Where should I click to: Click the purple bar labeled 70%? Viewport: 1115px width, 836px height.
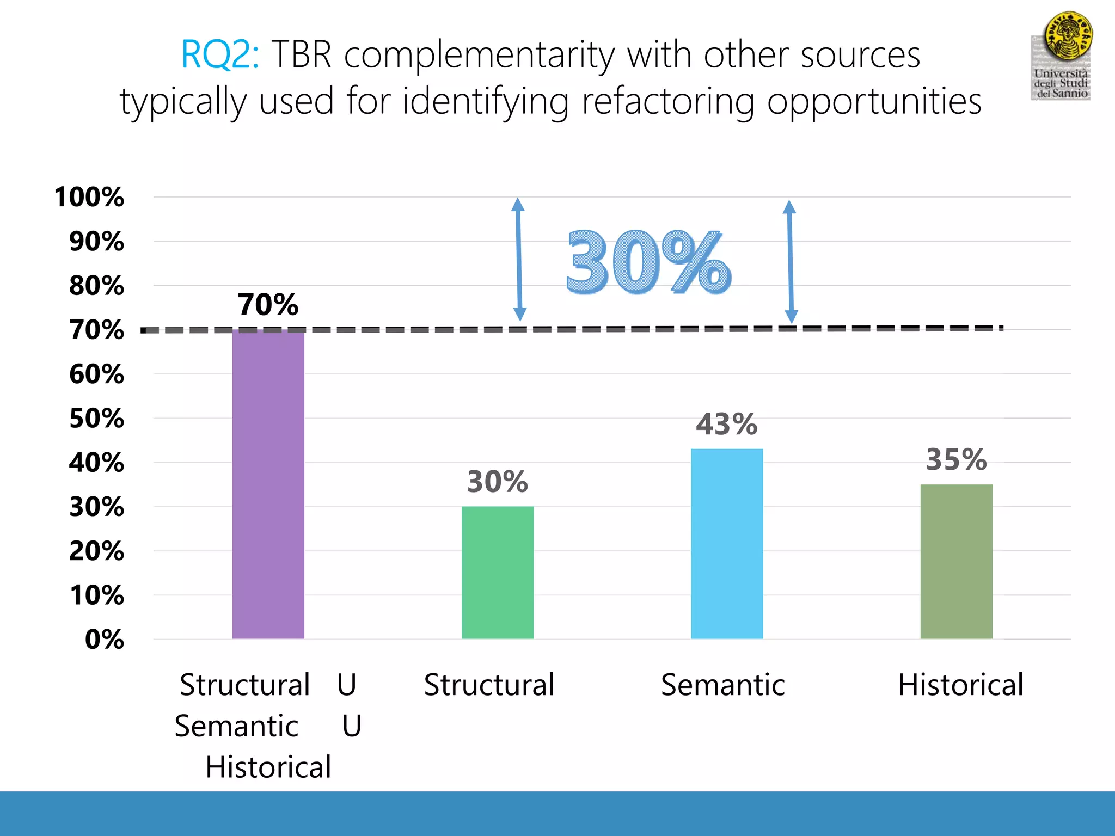(x=268, y=484)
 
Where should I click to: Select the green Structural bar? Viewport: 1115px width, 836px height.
(x=498, y=573)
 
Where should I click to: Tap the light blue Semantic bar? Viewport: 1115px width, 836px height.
(x=727, y=544)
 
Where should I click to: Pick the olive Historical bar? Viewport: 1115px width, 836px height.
(x=956, y=562)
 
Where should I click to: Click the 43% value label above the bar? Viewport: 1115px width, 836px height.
(x=726, y=424)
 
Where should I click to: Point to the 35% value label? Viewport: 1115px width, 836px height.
(x=956, y=459)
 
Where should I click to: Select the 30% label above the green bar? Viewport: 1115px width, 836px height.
(x=497, y=482)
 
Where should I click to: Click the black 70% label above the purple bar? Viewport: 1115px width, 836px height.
(x=268, y=304)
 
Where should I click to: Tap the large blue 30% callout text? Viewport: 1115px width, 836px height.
(x=648, y=263)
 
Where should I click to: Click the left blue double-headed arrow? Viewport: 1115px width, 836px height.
(x=519, y=259)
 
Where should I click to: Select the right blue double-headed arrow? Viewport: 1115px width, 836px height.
(x=791, y=261)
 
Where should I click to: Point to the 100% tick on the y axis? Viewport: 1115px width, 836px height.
(x=89, y=197)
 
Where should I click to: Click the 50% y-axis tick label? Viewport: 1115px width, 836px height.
(x=96, y=419)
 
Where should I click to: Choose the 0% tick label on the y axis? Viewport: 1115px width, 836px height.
(x=104, y=640)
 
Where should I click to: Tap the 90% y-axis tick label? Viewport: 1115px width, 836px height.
(x=96, y=242)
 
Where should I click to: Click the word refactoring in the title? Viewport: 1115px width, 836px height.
(x=668, y=102)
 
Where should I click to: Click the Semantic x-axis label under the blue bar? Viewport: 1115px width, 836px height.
(x=723, y=685)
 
